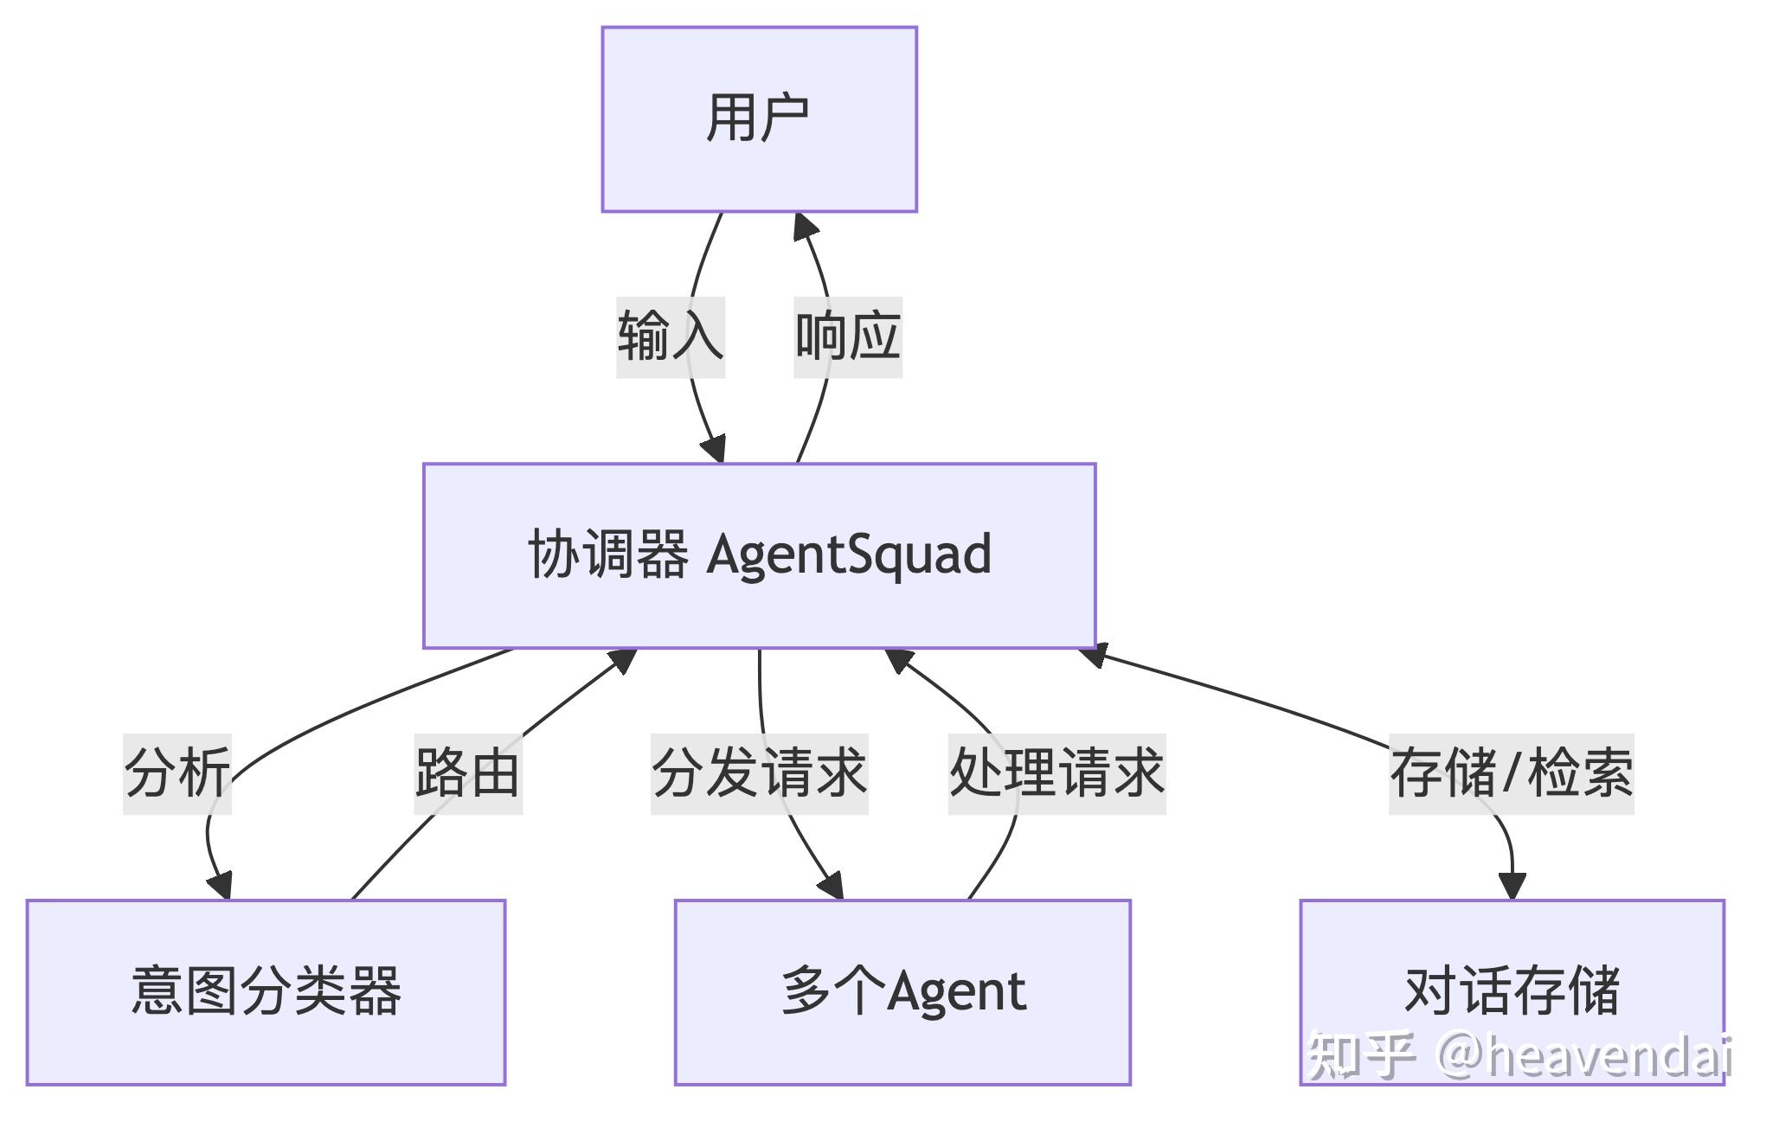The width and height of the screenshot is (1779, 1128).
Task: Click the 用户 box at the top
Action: (x=759, y=119)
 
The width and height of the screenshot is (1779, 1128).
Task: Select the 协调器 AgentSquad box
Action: (x=759, y=555)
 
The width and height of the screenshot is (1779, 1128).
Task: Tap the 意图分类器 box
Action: (x=266, y=991)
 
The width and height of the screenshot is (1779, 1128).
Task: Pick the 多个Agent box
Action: (x=902, y=991)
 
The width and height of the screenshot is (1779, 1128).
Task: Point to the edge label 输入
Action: (x=671, y=336)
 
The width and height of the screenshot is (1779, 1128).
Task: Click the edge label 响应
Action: (x=848, y=336)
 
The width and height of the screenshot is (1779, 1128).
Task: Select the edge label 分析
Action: (x=177, y=773)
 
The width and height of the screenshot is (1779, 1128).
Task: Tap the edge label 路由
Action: (x=468, y=773)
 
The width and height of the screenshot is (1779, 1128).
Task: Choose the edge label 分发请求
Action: (x=759, y=773)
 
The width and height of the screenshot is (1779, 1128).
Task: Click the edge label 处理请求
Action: (x=1056, y=773)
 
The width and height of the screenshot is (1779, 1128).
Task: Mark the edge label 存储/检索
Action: (x=1512, y=773)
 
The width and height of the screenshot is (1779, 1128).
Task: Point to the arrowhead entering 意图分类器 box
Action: (x=221, y=886)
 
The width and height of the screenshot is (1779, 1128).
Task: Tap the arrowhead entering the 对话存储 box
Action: (x=1512, y=886)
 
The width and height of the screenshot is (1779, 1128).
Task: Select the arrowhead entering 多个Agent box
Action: (x=832, y=886)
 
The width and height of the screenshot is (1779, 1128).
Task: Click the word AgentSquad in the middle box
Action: (x=849, y=555)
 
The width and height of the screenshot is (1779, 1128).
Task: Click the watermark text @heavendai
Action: (x=1583, y=1055)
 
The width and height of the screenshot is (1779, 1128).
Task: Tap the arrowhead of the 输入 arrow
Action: (x=714, y=450)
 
